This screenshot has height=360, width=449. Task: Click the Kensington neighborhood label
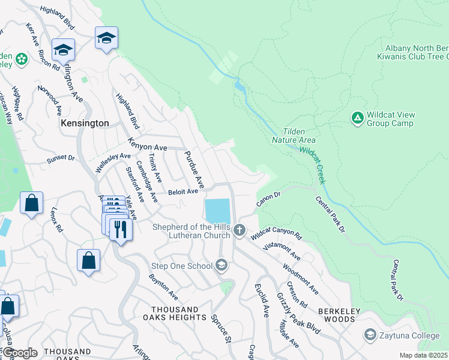[85, 123]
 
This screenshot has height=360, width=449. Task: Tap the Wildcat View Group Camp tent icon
[357, 116]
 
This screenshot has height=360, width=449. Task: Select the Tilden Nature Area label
[299, 136]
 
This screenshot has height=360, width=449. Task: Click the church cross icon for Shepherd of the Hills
[240, 230]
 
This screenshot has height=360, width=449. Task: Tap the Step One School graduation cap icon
[222, 265]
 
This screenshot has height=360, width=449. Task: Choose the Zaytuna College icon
[370, 334]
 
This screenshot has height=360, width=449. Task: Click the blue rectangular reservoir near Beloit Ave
[217, 211]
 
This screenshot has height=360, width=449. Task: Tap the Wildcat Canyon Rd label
[276, 233]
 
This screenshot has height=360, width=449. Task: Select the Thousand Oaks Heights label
[173, 313]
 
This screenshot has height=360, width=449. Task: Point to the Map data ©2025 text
[423, 355]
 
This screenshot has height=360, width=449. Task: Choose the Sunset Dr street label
[61, 160]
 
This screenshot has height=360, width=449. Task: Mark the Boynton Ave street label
[163, 287]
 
